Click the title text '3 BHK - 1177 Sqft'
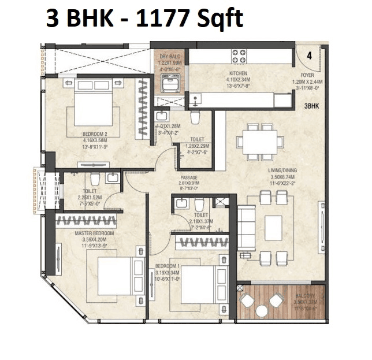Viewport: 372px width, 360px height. [x=145, y=18]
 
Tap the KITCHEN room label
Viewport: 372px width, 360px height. [x=238, y=73]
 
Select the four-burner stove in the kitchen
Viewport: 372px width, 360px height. [x=240, y=55]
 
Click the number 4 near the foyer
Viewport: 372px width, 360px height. [x=310, y=56]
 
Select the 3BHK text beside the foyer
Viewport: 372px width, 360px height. [x=312, y=106]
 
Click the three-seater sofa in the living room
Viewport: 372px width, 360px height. [x=247, y=227]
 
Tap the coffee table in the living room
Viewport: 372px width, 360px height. [x=273, y=228]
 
